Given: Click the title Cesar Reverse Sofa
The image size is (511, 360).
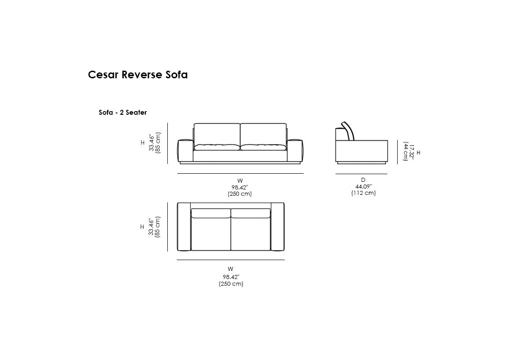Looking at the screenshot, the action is (x=138, y=75).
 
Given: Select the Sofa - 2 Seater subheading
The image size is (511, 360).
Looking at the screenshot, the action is (x=123, y=112).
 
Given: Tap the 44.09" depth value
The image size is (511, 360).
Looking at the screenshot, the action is (x=363, y=186).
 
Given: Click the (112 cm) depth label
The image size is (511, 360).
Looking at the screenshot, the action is (x=363, y=193).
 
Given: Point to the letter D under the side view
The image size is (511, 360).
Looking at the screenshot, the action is (x=363, y=180).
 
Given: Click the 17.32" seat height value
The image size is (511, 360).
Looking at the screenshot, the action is (x=411, y=152).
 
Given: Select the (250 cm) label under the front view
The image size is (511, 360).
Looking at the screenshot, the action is (x=240, y=193).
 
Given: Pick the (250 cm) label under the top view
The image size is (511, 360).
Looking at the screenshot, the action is (x=231, y=283).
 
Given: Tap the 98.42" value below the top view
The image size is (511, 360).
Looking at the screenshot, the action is (x=231, y=277).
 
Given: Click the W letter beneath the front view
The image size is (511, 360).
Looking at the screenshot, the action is (x=240, y=180).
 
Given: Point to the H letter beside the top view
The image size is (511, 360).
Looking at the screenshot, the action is (x=142, y=227).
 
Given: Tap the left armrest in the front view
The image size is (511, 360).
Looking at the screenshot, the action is (x=185, y=151).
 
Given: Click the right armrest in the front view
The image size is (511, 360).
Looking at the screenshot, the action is (x=295, y=151).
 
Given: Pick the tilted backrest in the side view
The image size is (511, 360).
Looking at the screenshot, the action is (x=348, y=131).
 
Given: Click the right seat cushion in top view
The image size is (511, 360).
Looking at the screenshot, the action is (x=251, y=229).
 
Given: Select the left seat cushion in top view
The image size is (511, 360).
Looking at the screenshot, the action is (x=211, y=229).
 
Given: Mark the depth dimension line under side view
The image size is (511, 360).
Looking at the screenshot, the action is (x=361, y=174).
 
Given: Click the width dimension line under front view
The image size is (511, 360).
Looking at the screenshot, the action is (x=241, y=174).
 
